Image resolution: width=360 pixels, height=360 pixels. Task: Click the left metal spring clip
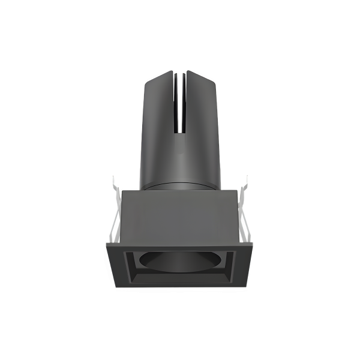[x=114, y=210]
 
